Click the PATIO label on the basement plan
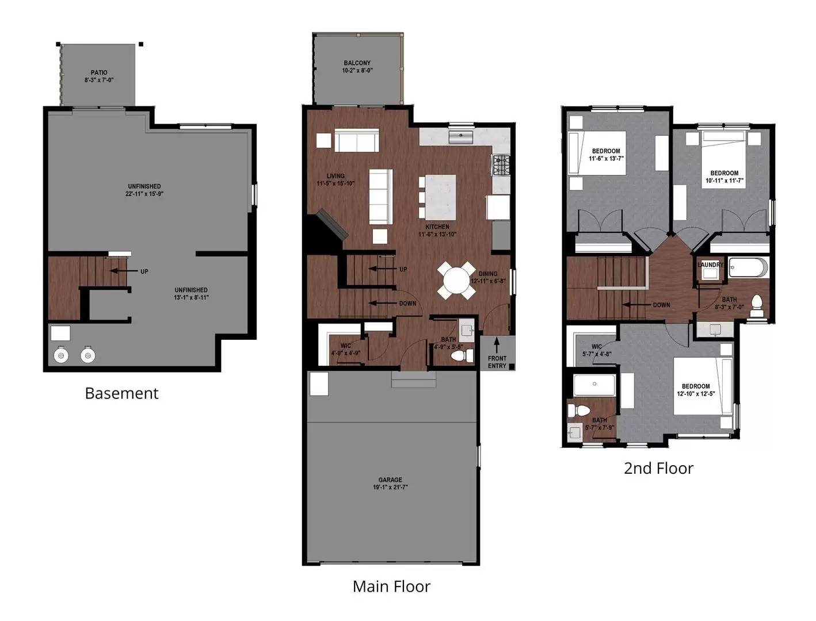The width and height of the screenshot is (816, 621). coord(99,72)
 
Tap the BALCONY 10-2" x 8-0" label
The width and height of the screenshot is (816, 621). coord(357,67)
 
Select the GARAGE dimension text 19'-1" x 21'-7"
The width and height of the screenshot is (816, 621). coord(390,487)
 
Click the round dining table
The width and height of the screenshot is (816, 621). coord(456,281)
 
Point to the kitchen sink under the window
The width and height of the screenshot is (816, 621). coord(460,137)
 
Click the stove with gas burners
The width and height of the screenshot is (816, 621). coord(501,165)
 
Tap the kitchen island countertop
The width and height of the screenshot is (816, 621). coord(441,197)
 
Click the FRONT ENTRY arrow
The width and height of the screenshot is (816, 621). coord(496,345)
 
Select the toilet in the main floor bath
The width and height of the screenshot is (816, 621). coord(462,356)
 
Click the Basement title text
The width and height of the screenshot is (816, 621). coord(121,393)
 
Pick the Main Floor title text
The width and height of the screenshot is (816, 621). coord(391,586)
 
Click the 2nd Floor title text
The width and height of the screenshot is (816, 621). coord(658,468)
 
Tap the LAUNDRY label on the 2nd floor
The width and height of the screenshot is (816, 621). coord(710,264)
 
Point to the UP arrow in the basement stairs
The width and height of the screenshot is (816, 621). coord(119,271)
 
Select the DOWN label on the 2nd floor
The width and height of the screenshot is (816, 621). coord(661,305)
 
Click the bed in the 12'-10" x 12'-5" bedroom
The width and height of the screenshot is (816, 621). coord(703,386)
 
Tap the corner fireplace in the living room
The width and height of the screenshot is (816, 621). coord(327,230)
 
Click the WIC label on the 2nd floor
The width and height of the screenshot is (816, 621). coord(597,346)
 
